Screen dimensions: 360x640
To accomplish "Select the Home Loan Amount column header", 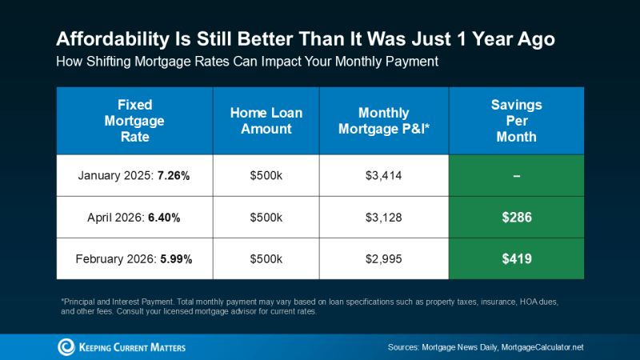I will (x=266, y=121).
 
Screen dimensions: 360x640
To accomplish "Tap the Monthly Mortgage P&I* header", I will (x=384, y=121).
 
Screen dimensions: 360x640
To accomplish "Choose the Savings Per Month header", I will (x=516, y=121).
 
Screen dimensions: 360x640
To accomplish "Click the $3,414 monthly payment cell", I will (x=384, y=175).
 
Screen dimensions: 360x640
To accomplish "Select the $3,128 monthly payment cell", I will (x=384, y=217).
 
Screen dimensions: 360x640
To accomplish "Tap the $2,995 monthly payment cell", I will (x=384, y=258).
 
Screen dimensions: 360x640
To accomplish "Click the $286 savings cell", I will (x=516, y=217).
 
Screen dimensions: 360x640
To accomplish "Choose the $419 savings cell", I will (x=516, y=258).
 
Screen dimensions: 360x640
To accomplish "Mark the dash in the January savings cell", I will (x=516, y=175).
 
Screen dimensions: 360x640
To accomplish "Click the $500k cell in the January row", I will (x=266, y=175).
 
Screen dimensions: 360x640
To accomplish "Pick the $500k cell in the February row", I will (x=266, y=258).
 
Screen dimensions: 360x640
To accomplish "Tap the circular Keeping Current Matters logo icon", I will (x=66, y=346).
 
